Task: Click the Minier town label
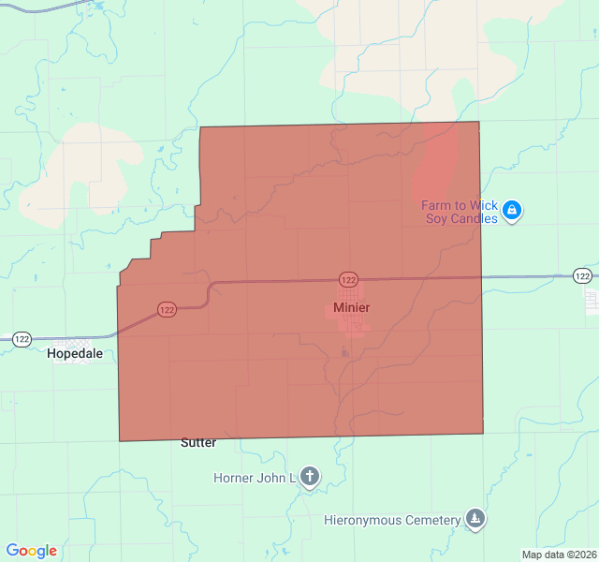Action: [351, 307]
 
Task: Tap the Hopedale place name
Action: [75, 354]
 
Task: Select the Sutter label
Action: [197, 442]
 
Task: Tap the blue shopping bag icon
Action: [511, 211]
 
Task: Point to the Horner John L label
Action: [255, 478]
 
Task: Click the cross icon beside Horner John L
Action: [310, 478]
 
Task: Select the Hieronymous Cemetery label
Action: [392, 520]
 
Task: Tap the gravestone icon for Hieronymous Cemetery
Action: [475, 520]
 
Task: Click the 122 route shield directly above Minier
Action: [348, 280]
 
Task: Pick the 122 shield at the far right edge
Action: [582, 275]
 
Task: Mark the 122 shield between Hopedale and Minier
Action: [167, 310]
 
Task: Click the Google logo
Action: [31, 551]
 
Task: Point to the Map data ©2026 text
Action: [559, 555]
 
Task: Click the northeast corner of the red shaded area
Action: [479, 122]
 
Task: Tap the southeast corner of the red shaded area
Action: [483, 434]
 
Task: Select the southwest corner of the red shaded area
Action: [120, 440]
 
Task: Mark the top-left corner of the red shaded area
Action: [200, 127]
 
